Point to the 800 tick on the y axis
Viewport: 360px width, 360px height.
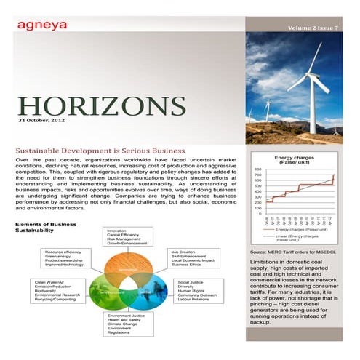[x=257, y=169]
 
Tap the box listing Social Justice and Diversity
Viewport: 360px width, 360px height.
[x=199, y=291]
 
